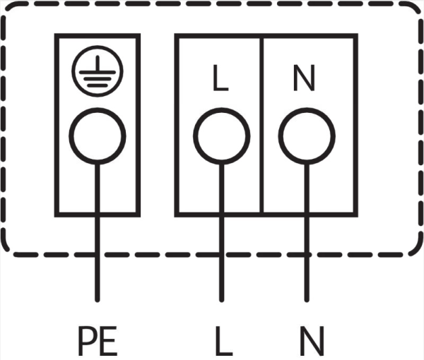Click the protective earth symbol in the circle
coord(98,71)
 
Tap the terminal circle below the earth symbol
coord(98,136)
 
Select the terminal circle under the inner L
coord(221,136)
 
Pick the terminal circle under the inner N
coord(307,136)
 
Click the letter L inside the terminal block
coord(221,78)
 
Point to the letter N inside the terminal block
coord(304,78)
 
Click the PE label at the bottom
coord(98,341)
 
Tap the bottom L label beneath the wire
coord(224,341)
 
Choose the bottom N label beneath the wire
coord(312,341)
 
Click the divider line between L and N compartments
coord(261,126)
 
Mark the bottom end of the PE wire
coord(98,300)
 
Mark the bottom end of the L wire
coord(221,300)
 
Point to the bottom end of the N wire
coord(307,300)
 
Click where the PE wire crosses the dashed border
coord(98,255)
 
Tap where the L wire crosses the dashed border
coord(221,255)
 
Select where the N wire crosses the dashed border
coord(307,255)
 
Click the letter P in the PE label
coord(88,341)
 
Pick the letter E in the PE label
coord(108,341)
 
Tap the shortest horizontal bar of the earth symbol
coord(98,85)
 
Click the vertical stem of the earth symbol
coord(98,64)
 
